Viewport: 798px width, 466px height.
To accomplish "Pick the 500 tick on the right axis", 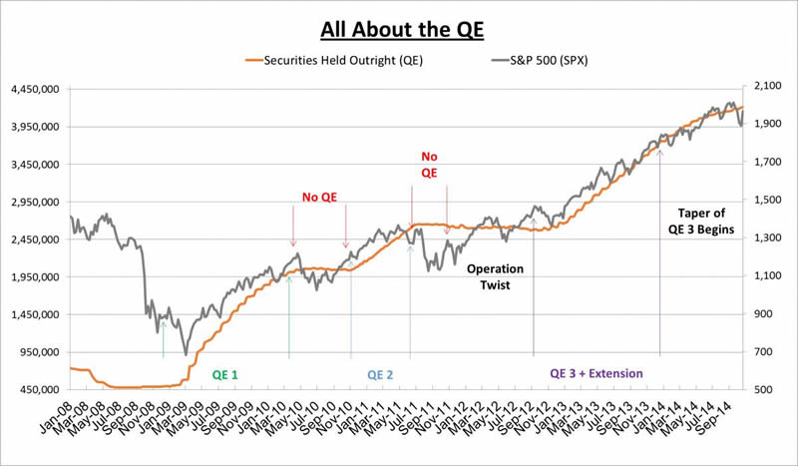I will (764, 390).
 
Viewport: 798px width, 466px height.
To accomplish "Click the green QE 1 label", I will (224, 374).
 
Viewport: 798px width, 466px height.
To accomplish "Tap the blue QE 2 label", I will (380, 374).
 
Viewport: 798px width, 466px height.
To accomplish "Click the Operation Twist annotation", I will (495, 276).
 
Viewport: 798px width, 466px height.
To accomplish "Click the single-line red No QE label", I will (321, 197).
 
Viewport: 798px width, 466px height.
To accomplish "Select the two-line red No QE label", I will (430, 165).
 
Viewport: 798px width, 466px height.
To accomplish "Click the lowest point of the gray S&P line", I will (186, 354).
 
